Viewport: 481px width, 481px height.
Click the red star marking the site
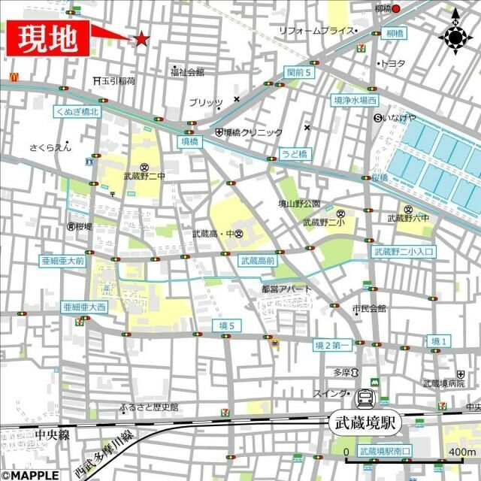[141, 38]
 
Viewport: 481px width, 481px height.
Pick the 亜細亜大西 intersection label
[84, 307]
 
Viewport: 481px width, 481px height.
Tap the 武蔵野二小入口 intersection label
[403, 251]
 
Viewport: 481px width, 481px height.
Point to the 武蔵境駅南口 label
[384, 451]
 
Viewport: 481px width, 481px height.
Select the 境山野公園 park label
[299, 204]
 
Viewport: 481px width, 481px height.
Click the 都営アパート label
[286, 289]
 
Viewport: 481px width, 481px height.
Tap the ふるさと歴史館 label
[149, 407]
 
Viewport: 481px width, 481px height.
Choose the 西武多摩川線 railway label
[104, 451]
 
